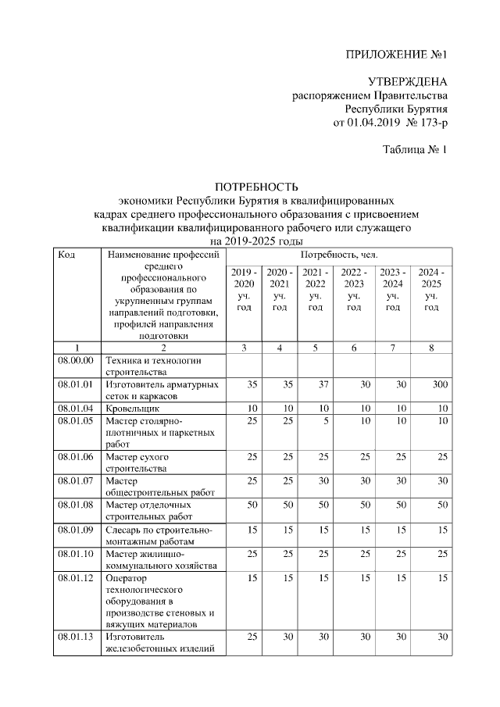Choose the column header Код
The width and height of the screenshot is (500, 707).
pos(66,255)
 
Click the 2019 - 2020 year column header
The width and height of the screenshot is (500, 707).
pos(244,289)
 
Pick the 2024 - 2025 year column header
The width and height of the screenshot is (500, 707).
pos(431,289)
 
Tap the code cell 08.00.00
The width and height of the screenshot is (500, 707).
pos(75,361)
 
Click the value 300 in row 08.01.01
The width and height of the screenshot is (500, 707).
pos(438,384)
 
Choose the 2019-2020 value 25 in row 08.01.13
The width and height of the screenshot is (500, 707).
pos(252,637)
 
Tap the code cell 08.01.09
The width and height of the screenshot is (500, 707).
pos(75,530)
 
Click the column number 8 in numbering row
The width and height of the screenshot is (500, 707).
pos(430,348)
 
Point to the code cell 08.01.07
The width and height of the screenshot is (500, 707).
pos(75,481)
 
